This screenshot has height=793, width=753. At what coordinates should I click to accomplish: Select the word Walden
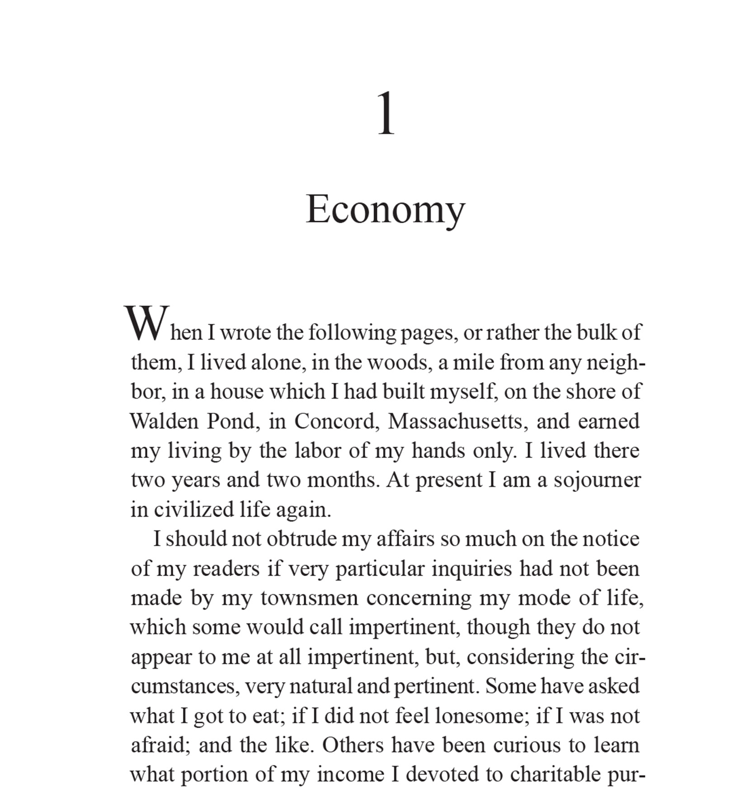pos(164,421)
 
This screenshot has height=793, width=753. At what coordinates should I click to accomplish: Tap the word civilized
pos(193,510)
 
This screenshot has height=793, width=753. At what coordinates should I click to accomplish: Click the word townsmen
pos(309,599)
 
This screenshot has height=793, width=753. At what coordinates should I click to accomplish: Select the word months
pos(343,481)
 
